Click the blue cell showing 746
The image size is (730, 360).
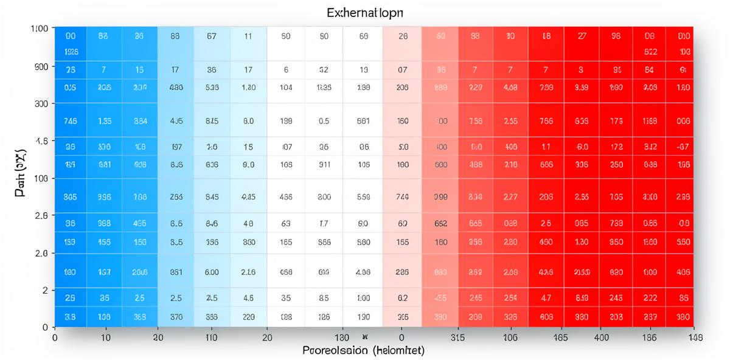(x=70, y=121)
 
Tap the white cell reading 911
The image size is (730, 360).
(x=324, y=164)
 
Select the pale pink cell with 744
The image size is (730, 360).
(x=402, y=196)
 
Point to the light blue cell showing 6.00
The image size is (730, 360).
(x=212, y=272)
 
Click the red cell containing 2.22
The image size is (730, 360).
(x=650, y=299)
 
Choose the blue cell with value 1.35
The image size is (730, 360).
(x=104, y=121)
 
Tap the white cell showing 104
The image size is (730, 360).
(x=286, y=87)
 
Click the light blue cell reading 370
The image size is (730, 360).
(x=176, y=316)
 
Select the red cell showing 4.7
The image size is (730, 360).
(x=546, y=299)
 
